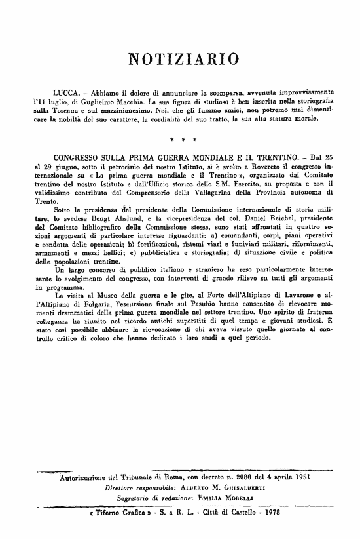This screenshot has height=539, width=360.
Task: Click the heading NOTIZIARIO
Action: pyautogui.click(x=181, y=60)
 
